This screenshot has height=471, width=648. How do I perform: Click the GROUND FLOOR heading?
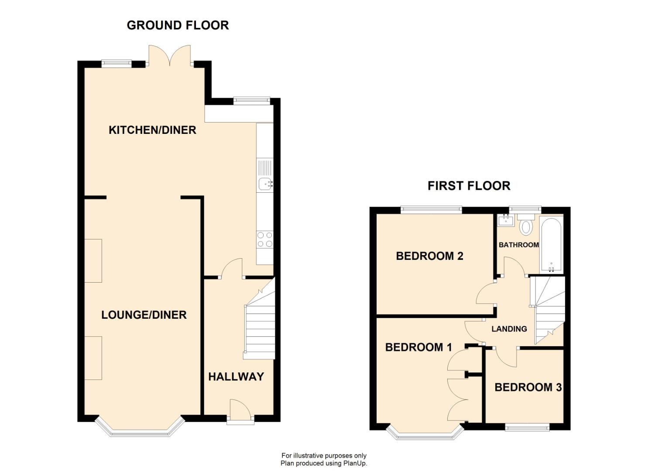point(178,25)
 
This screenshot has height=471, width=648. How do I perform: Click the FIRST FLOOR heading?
point(469,186)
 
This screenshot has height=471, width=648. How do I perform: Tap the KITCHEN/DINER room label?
point(152,130)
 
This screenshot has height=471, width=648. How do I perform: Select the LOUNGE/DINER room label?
point(144,315)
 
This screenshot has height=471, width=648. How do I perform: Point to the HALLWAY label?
point(236,377)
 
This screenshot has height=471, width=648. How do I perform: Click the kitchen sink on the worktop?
point(264,184)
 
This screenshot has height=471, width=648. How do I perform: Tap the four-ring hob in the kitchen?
point(265,239)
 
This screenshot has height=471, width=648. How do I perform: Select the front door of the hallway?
point(240,412)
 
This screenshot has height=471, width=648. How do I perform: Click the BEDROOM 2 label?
point(429,256)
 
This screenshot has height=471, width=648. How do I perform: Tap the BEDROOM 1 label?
point(418,347)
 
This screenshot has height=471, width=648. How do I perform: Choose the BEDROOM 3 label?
point(528,387)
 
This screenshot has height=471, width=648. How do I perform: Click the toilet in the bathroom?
point(526,226)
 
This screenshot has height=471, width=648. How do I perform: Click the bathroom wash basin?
point(506,220)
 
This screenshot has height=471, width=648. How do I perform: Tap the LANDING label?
point(509,329)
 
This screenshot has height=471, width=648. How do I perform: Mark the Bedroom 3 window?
point(527,427)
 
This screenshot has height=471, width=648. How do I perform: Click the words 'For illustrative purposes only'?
point(324,456)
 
